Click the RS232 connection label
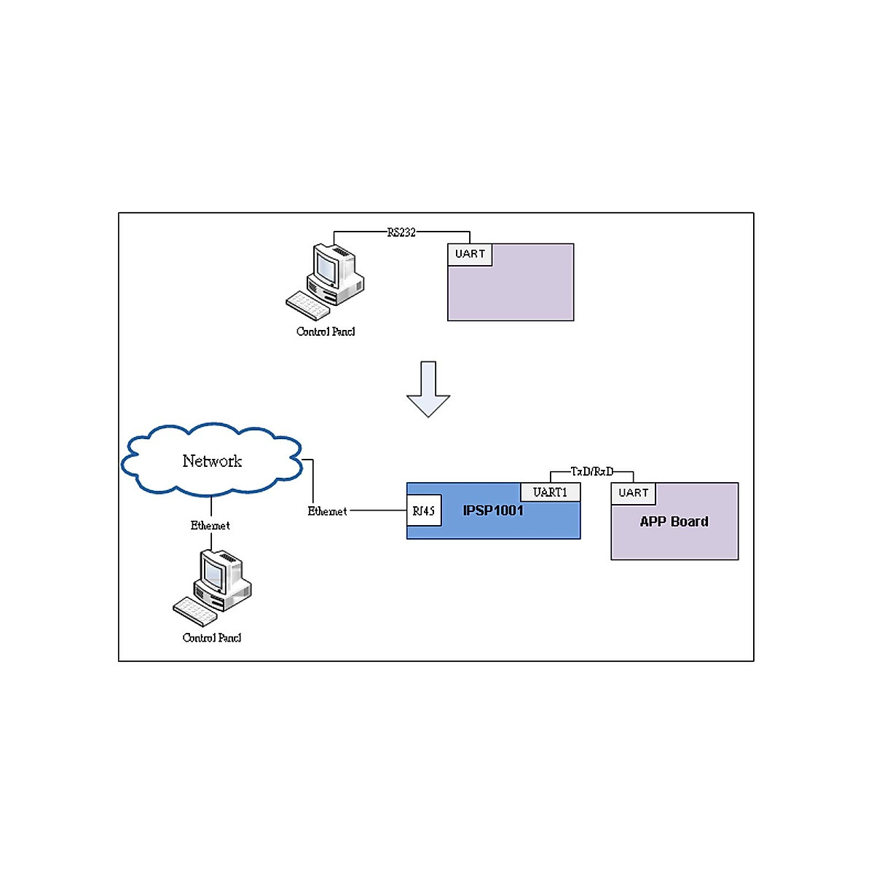(x=401, y=232)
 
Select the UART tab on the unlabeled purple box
(x=470, y=254)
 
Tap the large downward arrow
(x=428, y=389)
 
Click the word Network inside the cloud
(x=212, y=461)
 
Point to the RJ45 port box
(x=424, y=511)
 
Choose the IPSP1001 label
(x=493, y=511)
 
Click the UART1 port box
(x=550, y=492)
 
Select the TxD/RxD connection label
(x=591, y=472)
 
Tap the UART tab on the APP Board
(x=633, y=493)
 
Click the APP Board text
(x=674, y=522)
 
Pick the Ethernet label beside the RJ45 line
(x=327, y=512)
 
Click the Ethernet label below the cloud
(x=210, y=526)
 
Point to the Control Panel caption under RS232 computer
(x=326, y=332)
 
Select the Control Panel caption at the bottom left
(x=211, y=638)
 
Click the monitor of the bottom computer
(x=213, y=573)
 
